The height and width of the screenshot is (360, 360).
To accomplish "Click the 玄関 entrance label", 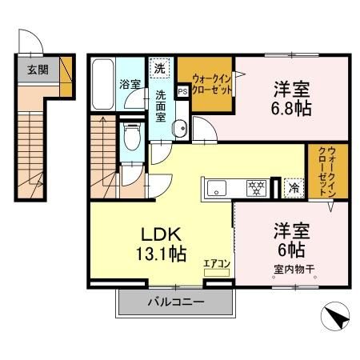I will point(37,70).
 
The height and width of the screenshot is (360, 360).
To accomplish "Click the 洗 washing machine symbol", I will point(160,69).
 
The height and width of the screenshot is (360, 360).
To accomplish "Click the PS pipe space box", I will point(182,90).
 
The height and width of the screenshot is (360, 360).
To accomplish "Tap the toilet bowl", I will point(131,138).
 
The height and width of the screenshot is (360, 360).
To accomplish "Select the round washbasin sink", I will point(179,126).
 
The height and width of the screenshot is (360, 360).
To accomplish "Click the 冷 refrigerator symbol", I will point(294,190).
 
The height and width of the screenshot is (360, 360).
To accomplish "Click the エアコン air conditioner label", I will point(216,262).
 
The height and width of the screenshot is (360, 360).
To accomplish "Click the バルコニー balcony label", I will point(175,302).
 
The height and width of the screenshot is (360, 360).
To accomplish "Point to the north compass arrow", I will point(336,318).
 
